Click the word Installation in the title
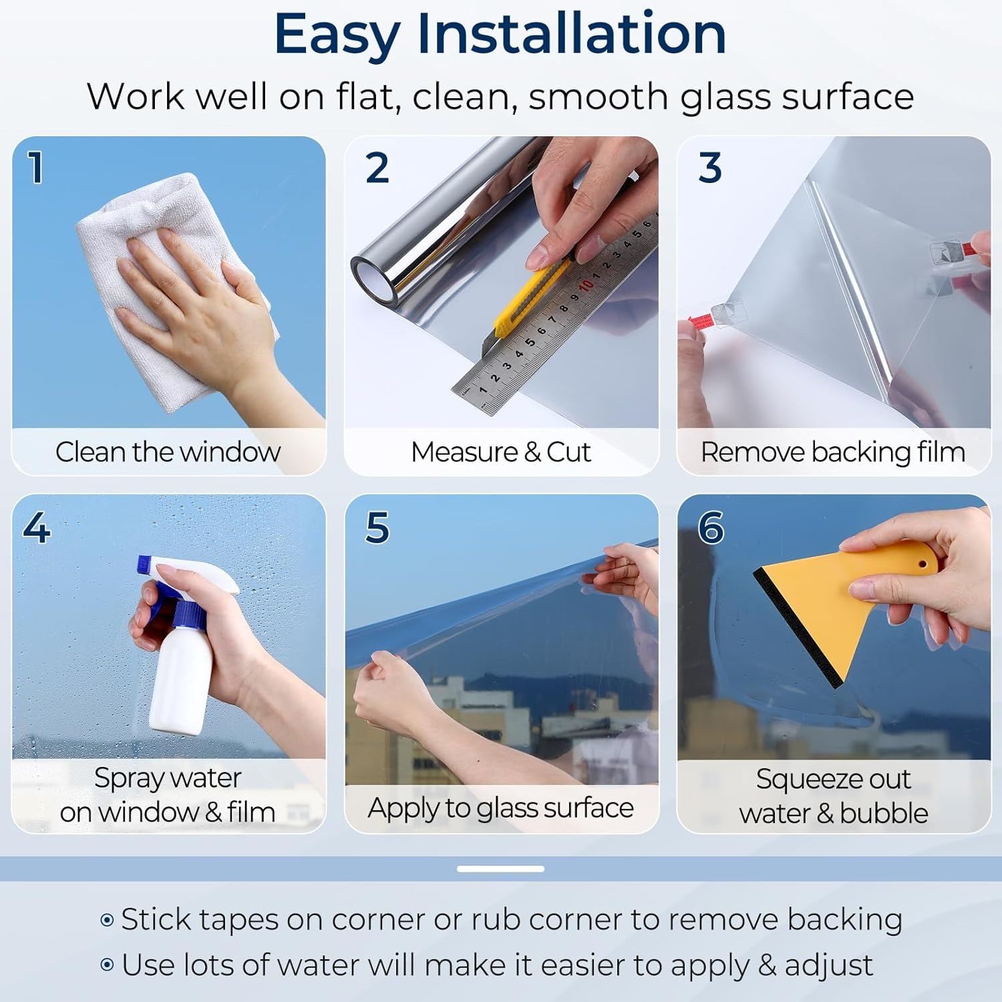click(x=572, y=34)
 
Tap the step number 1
click(x=36, y=167)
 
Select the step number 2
click(x=377, y=167)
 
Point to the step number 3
click(x=710, y=167)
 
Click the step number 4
click(x=37, y=528)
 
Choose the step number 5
click(x=377, y=528)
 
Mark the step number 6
click(x=711, y=528)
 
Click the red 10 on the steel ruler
click(x=586, y=286)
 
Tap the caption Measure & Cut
click(x=501, y=452)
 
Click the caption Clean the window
click(x=168, y=452)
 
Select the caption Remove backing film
click(x=833, y=452)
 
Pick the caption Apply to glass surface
click(x=501, y=808)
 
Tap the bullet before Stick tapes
click(x=107, y=921)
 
